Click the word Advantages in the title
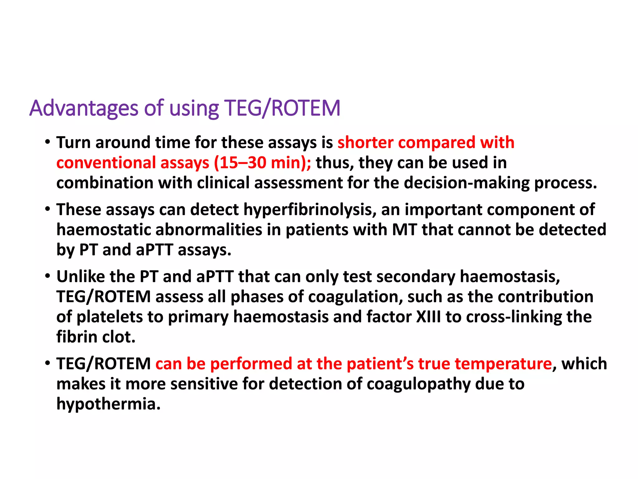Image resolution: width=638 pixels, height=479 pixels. (x=83, y=109)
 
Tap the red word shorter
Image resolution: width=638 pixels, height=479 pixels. (x=365, y=143)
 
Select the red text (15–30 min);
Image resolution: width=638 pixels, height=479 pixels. (x=262, y=163)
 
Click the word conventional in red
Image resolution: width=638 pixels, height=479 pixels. (x=106, y=163)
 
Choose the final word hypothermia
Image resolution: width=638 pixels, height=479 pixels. (x=108, y=404)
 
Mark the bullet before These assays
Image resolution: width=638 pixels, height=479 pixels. (x=47, y=209)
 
